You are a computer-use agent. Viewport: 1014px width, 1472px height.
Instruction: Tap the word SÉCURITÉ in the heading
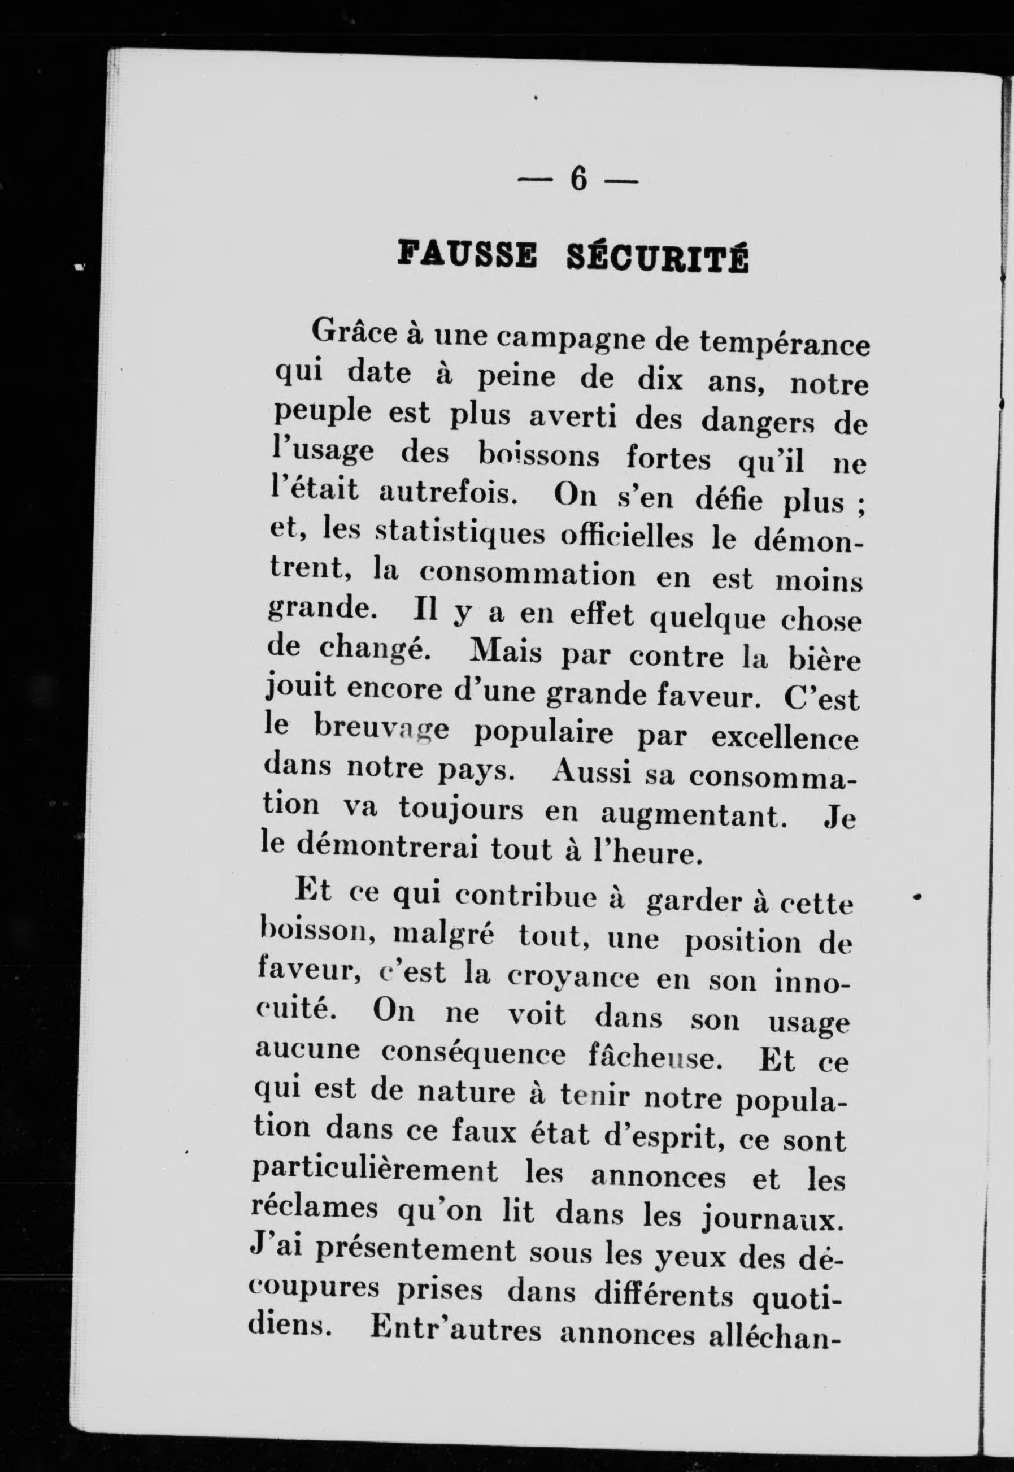click(x=657, y=259)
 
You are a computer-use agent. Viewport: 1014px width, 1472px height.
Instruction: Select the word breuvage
click(x=381, y=730)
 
